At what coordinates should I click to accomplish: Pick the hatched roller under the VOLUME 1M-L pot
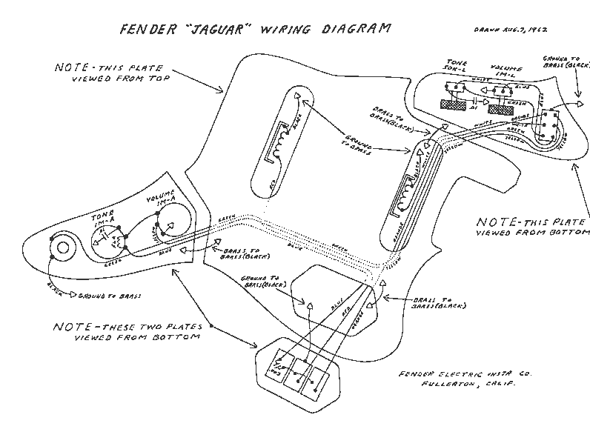(500, 108)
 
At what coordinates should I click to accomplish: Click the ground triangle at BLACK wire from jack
(73, 295)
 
